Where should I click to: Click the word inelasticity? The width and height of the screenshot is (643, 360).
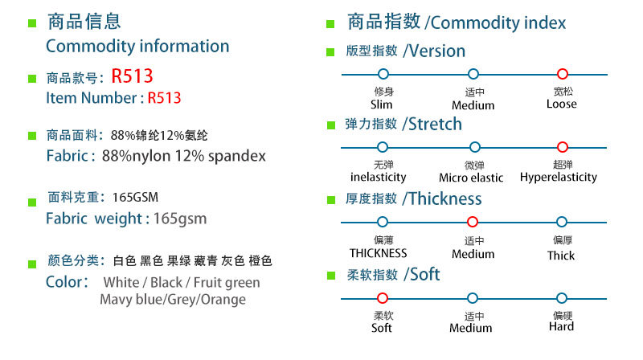tap(378, 177)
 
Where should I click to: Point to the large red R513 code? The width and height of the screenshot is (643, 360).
tap(132, 76)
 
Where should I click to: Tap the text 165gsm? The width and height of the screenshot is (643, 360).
tap(180, 219)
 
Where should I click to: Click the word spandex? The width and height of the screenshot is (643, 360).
tap(236, 156)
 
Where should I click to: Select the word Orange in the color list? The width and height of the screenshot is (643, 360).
tap(223, 300)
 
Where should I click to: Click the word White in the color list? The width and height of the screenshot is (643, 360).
tap(121, 283)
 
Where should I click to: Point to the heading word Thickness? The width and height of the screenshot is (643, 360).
tap(445, 198)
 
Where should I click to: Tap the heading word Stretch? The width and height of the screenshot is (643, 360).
tap(435, 125)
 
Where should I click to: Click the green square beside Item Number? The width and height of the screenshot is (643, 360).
tap(32, 78)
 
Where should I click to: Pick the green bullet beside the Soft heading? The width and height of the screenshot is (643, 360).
tap(331, 276)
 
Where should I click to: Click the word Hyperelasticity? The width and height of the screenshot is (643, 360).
tap(558, 178)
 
